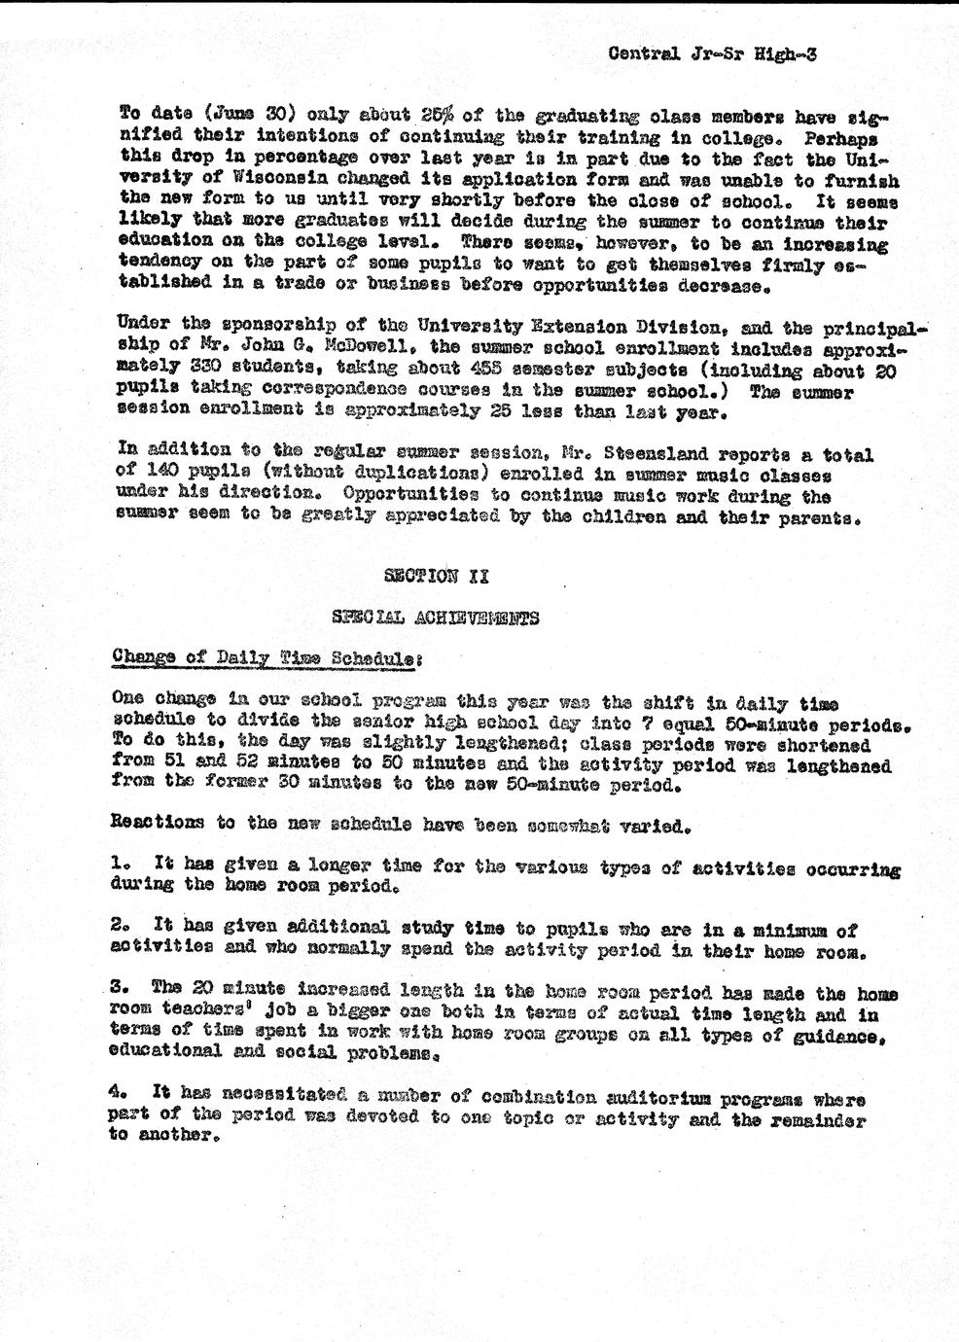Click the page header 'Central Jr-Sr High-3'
[712, 54]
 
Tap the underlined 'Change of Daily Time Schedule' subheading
[266, 656]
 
